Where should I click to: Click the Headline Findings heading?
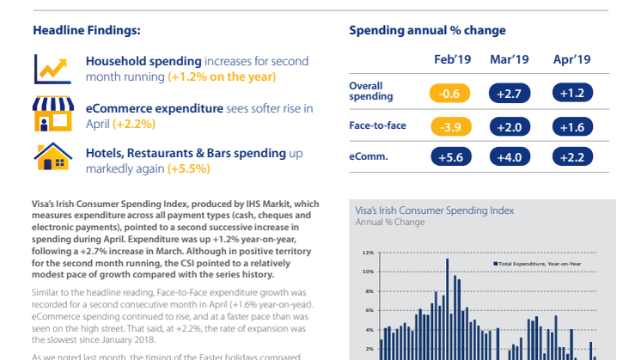click(x=86, y=30)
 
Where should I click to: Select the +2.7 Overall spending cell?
click(x=510, y=93)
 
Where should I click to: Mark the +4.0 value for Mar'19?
click(x=510, y=156)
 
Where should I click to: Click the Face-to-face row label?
click(x=377, y=125)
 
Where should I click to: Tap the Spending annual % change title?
click(x=427, y=30)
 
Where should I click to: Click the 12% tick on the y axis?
click(x=367, y=253)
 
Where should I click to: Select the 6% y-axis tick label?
click(x=368, y=310)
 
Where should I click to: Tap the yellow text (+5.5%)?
click(x=188, y=168)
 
